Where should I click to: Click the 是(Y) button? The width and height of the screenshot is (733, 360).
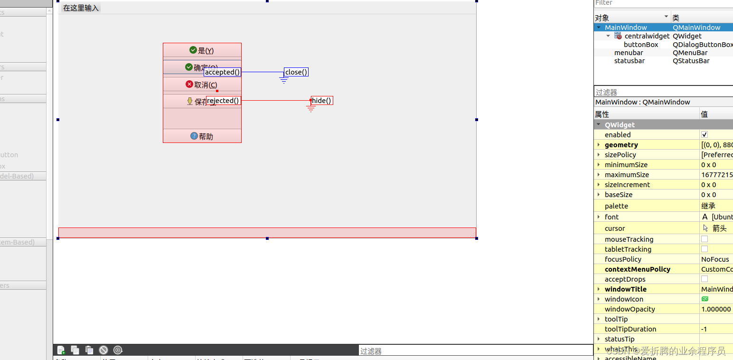(202, 50)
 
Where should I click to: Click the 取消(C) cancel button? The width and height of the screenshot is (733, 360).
(202, 85)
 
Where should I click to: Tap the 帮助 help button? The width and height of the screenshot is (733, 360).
(202, 136)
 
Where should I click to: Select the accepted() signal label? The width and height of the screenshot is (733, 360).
(222, 72)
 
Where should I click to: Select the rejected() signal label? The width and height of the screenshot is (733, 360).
(223, 101)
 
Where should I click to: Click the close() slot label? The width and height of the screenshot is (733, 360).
(296, 72)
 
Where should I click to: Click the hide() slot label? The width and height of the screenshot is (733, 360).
(322, 101)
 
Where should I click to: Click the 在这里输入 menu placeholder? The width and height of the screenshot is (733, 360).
(81, 8)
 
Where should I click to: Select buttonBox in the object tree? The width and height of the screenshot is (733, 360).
(641, 45)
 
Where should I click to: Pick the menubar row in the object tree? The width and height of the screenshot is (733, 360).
(629, 53)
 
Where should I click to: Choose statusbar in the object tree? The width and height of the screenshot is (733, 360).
(630, 61)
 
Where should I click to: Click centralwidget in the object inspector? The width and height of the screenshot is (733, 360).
(647, 36)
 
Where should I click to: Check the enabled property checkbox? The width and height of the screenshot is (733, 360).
(705, 135)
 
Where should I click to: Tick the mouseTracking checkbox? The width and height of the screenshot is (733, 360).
(705, 239)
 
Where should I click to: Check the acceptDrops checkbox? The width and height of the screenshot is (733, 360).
(705, 279)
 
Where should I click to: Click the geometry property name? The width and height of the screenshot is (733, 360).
(621, 145)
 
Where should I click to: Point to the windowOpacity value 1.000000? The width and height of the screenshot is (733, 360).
(716, 309)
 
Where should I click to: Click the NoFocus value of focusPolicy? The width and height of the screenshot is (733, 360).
(714, 259)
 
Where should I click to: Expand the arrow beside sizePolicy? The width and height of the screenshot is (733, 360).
(599, 155)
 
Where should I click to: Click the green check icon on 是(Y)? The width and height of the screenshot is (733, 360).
(193, 50)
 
